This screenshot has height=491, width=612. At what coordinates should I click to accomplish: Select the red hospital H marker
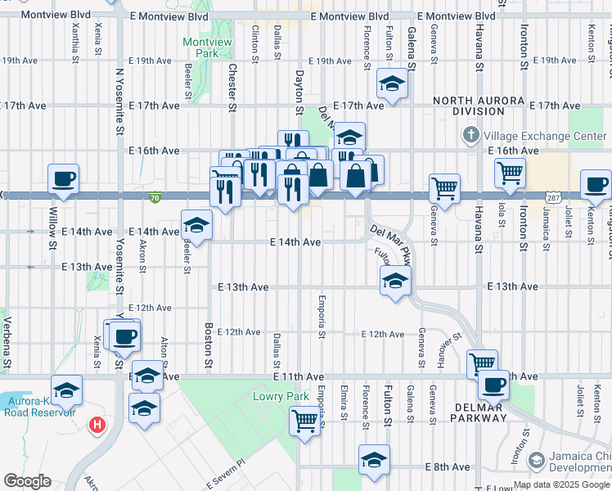coord(98,425)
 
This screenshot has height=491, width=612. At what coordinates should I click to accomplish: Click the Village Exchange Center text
coord(545,135)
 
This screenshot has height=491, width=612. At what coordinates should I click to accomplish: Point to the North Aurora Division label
coord(470,106)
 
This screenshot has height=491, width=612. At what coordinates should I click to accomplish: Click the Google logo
coord(27,481)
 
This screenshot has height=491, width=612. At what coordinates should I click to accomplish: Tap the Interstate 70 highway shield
coord(155,196)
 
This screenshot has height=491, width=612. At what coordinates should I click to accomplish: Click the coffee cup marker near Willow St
coord(64,178)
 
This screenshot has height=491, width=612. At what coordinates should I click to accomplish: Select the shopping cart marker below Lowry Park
coord(304,421)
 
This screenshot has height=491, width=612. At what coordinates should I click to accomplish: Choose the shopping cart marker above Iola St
coord(510,172)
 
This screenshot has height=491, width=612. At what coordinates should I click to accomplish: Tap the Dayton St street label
coord(299,92)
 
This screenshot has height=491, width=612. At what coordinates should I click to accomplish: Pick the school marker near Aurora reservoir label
coord(66,389)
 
